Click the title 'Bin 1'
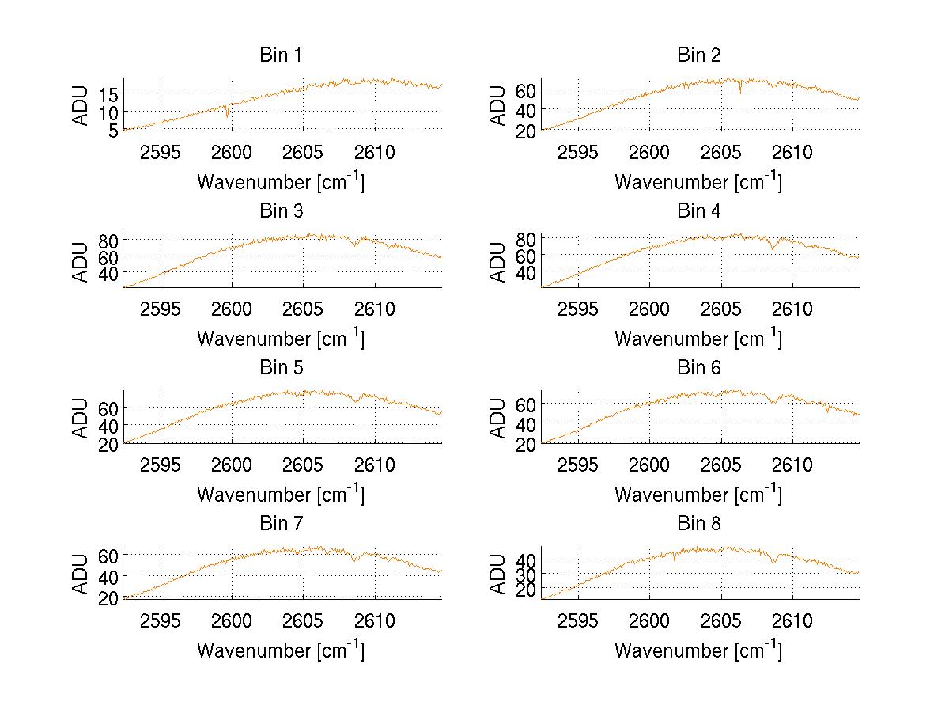tap(281, 55)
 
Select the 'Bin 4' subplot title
tap(699, 211)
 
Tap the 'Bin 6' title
tap(699, 368)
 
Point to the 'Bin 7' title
tap(281, 524)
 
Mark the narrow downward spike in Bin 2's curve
tap(740, 92)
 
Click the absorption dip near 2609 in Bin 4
tap(773, 248)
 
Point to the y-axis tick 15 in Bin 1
tap(109, 94)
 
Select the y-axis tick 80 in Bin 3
tap(109, 239)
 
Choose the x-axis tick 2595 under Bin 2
tap(578, 152)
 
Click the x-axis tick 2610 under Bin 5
tap(375, 465)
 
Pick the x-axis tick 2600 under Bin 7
tap(233, 620)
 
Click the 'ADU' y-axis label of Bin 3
tap(81, 261)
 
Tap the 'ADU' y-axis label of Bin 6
tap(498, 418)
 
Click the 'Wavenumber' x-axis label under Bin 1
tap(281, 182)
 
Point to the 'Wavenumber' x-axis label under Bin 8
tap(698, 650)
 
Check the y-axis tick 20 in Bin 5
tap(109, 444)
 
